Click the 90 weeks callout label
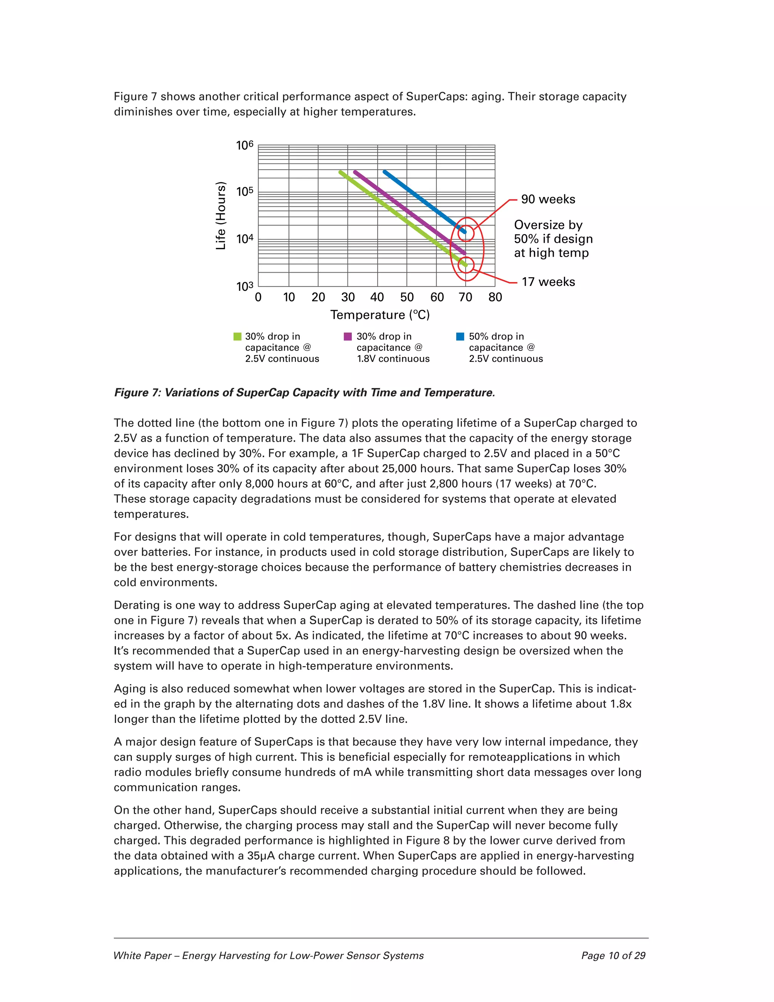(548, 199)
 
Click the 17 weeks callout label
(548, 282)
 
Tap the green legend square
(237, 337)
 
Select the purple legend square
(348, 337)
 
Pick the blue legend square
(460, 337)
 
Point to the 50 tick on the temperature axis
(407, 297)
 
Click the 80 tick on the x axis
(495, 297)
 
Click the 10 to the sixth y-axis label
(245, 146)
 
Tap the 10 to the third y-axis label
(245, 287)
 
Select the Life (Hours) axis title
(221, 216)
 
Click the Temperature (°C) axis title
(380, 315)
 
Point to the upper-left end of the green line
(341, 172)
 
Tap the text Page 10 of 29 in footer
(613, 955)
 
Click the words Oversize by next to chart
(548, 225)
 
